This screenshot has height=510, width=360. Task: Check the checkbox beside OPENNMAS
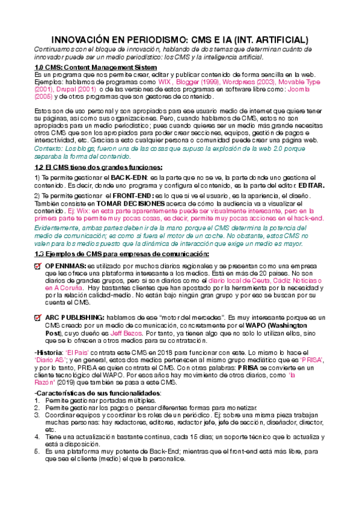[38, 266]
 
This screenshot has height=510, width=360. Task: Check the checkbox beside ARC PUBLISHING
[38, 318]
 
